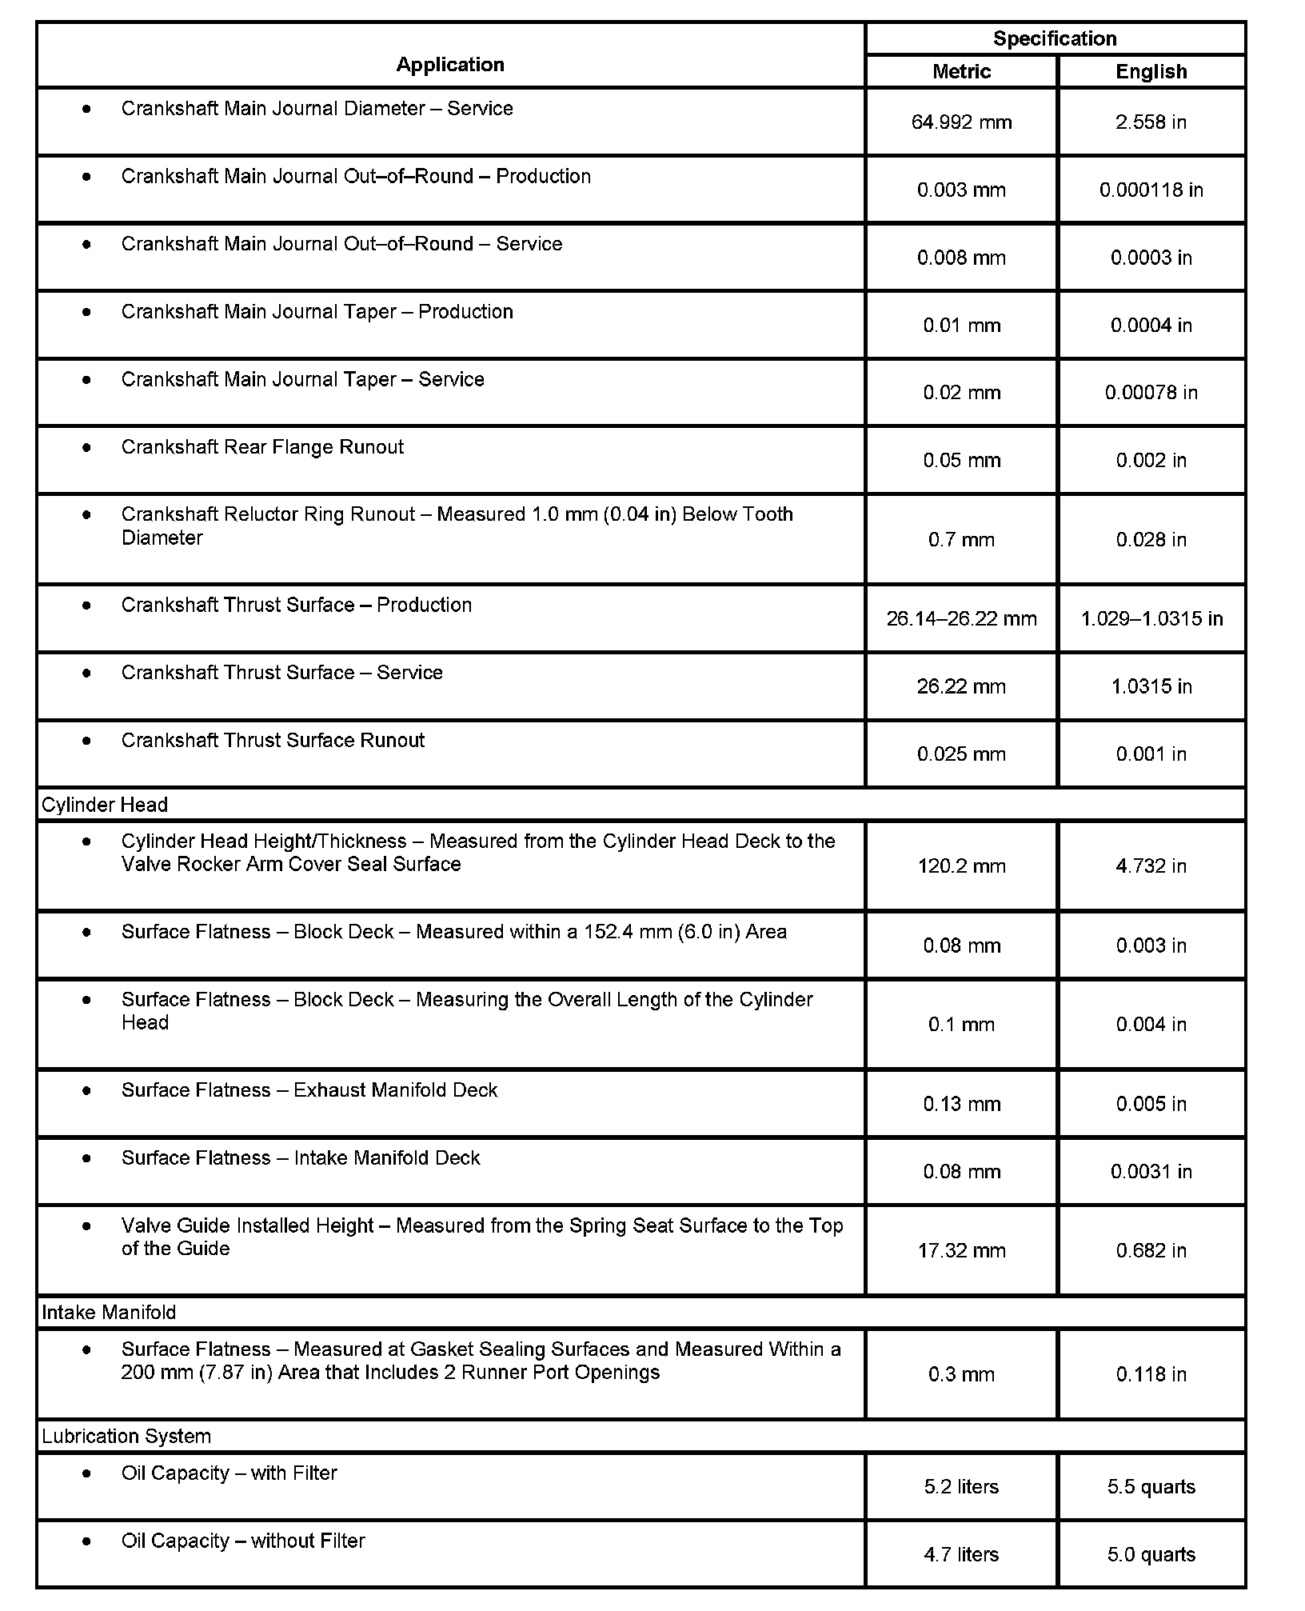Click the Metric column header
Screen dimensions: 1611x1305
[x=961, y=72]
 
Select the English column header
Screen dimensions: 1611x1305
[x=1151, y=72]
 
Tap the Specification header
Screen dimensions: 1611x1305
[x=1054, y=38]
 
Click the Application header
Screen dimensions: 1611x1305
[x=450, y=65]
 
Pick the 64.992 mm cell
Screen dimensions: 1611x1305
[x=961, y=122]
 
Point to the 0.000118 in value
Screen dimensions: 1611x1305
[x=1151, y=190]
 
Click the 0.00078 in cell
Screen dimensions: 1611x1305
[x=1151, y=393]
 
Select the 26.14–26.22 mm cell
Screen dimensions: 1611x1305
[x=961, y=619]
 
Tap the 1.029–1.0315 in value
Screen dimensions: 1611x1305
[x=1151, y=619]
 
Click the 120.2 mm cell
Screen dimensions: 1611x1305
[x=961, y=866]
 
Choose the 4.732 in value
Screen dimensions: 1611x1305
[x=1151, y=866]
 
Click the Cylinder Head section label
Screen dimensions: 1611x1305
[x=105, y=805]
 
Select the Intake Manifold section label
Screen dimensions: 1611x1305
[x=109, y=1313]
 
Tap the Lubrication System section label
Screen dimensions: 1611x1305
[x=126, y=1437]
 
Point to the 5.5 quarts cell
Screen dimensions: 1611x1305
[x=1151, y=1487]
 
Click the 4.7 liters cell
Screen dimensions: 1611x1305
[x=961, y=1554]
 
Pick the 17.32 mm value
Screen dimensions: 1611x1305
[x=961, y=1251]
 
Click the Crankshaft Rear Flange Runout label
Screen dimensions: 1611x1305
[x=262, y=447]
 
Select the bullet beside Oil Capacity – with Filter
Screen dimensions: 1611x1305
[x=86, y=1473]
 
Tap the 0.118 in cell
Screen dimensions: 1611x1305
[x=1151, y=1374]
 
